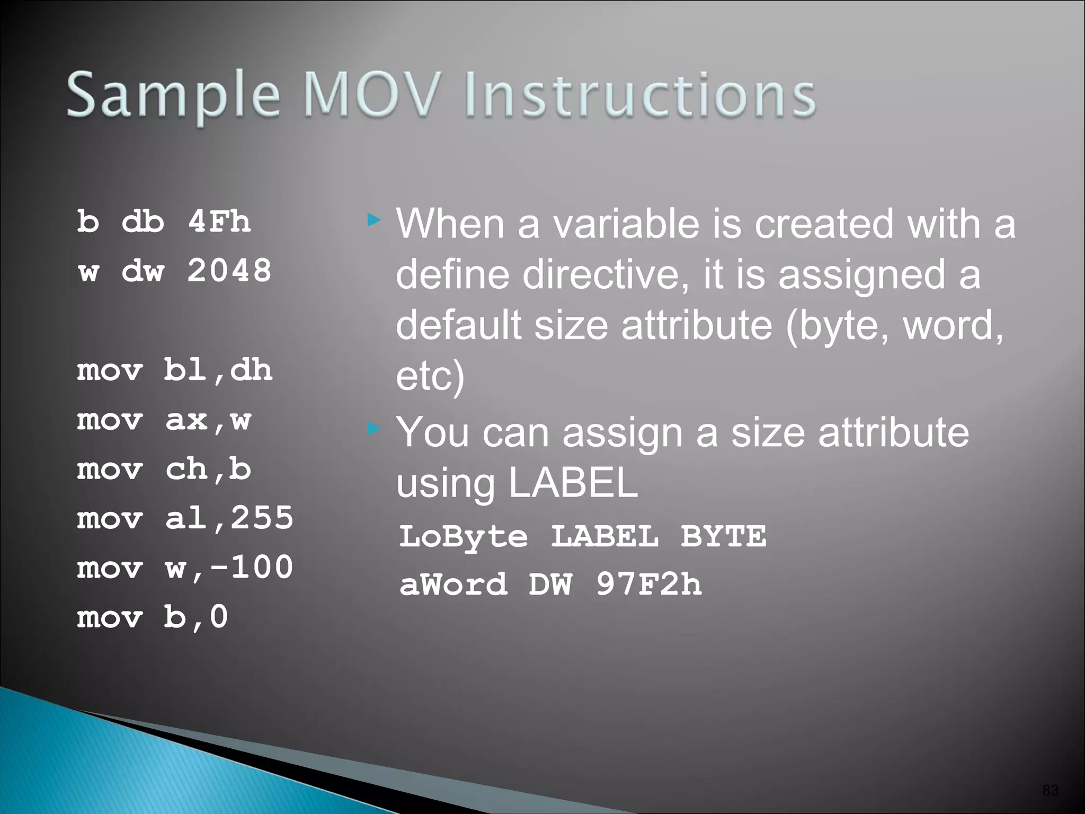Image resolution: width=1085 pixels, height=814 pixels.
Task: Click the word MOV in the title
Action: click(372, 95)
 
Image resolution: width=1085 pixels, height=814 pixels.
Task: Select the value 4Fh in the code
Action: click(219, 221)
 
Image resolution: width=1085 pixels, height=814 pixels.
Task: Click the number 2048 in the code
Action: click(229, 271)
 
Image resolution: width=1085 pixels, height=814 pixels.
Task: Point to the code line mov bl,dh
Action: click(174, 370)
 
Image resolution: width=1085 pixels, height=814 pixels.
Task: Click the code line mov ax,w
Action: click(164, 420)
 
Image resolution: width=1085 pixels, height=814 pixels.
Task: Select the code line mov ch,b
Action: click(164, 470)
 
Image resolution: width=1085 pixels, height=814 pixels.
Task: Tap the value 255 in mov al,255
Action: click(262, 518)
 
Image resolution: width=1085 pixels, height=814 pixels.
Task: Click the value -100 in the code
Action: click(251, 568)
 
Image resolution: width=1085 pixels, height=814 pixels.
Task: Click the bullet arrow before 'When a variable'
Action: click(374, 219)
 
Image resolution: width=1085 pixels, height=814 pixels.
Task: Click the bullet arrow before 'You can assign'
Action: click(374, 428)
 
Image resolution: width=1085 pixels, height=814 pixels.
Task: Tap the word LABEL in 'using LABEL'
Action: click(573, 483)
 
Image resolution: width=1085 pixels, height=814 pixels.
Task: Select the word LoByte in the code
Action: click(464, 536)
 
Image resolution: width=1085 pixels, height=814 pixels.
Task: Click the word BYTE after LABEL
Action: click(723, 536)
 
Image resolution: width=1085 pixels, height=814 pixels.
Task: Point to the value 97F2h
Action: click(649, 585)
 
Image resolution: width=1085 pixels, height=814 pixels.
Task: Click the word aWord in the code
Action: click(453, 585)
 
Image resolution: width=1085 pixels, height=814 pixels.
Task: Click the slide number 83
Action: click(1050, 790)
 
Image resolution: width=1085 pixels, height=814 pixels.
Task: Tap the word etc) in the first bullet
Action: click(430, 376)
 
